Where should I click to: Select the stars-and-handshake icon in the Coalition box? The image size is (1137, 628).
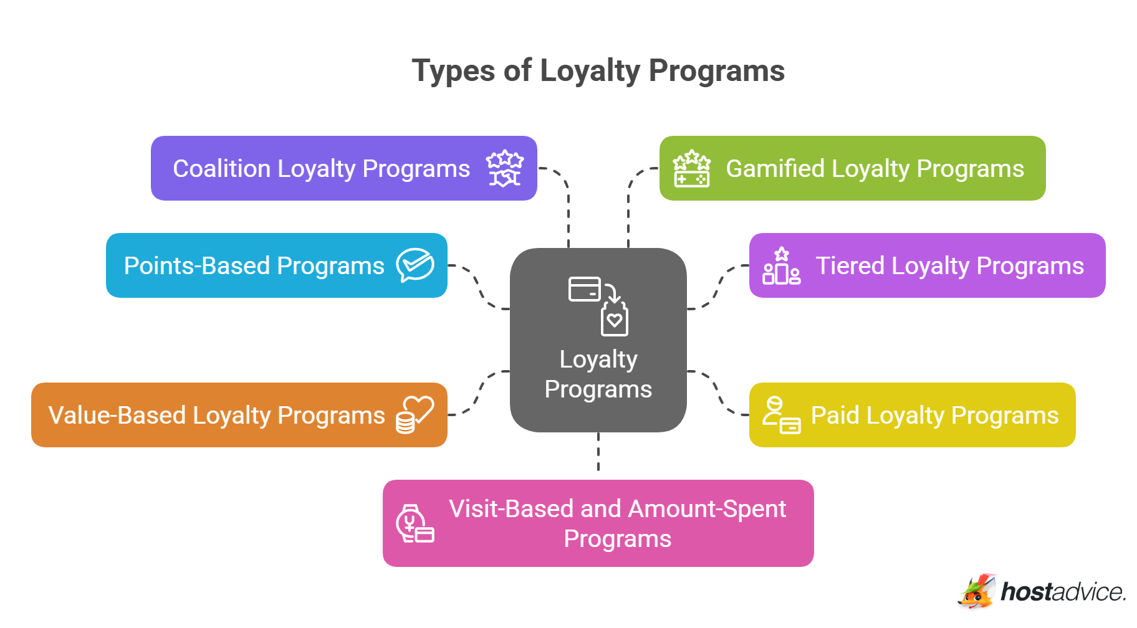(504, 168)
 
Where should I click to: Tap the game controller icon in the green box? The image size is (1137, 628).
(691, 169)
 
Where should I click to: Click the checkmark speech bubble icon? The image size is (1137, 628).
(415, 265)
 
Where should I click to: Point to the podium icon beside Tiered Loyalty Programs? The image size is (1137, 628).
(781, 266)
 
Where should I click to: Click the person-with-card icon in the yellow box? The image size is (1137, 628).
(781, 416)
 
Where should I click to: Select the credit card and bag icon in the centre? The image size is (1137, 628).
(598, 305)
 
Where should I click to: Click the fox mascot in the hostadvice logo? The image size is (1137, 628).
(977, 591)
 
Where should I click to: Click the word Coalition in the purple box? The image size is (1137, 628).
(221, 169)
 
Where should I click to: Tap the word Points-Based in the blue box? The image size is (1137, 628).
(196, 266)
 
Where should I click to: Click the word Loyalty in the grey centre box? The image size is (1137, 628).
(598, 360)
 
